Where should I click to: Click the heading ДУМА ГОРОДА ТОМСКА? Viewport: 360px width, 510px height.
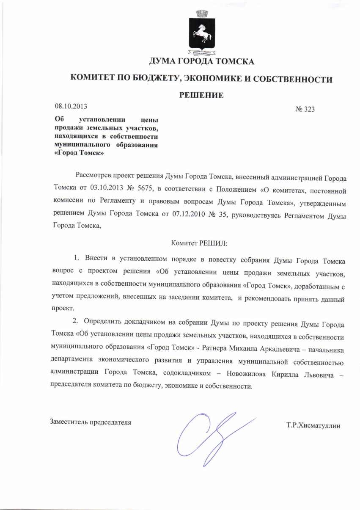point(201,62)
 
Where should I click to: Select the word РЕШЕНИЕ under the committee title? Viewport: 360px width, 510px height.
point(201,95)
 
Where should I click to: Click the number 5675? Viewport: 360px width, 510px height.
point(147,187)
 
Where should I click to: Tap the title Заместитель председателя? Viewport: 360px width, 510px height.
point(91,422)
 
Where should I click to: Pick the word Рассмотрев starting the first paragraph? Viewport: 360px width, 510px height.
point(95,175)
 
